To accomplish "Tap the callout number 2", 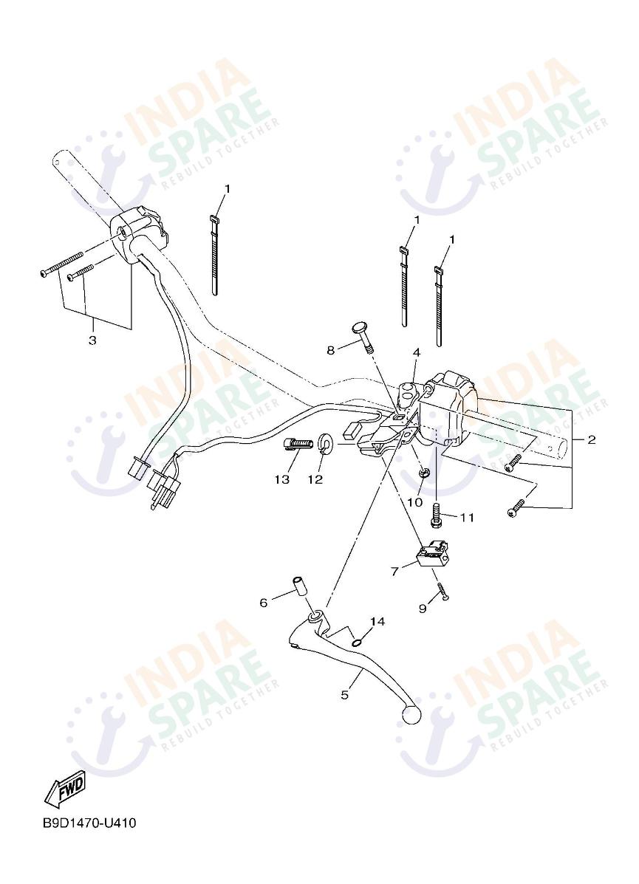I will [592, 440].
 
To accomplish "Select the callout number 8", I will [331, 349].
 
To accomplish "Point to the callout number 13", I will [282, 479].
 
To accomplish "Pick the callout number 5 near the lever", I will [344, 695].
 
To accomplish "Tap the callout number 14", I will [377, 622].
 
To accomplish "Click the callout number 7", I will [394, 571].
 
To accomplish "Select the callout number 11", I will [466, 518].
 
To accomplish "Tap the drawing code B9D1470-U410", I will [89, 823].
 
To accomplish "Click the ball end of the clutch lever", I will [409, 713].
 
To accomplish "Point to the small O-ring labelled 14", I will [357, 641].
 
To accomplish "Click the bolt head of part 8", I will [358, 329].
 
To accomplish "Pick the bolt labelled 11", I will [436, 514].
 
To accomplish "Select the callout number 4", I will [417, 353].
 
